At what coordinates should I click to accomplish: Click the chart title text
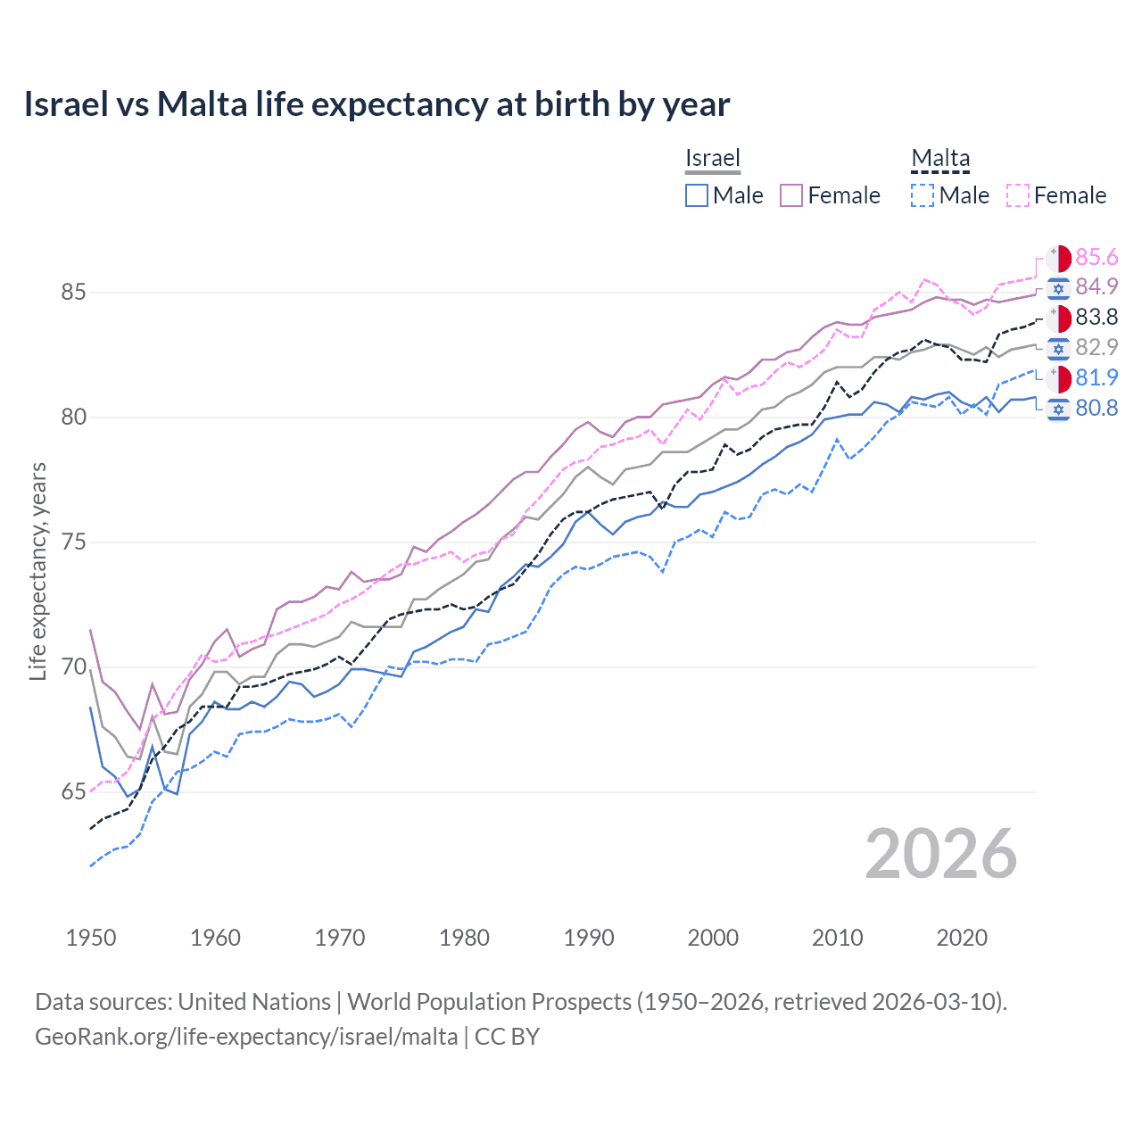pos(377,104)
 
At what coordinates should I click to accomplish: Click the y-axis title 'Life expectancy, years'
pos(37,571)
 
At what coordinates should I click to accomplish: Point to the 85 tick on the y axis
pos(74,293)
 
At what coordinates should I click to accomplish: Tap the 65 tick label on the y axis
pos(74,792)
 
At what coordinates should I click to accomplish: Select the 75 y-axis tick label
pos(74,542)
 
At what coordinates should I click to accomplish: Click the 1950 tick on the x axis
pos(91,938)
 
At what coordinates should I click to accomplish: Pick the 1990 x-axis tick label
pos(589,938)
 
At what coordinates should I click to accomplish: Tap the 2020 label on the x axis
pos(962,938)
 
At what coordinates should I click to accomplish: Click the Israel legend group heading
pos(713,158)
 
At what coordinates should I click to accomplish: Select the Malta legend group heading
pos(940,158)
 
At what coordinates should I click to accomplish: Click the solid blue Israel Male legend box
pos(697,195)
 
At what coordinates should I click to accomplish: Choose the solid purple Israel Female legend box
pos(791,195)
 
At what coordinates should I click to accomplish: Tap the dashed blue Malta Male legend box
pos(923,195)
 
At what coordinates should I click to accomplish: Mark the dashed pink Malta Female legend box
pos(1018,195)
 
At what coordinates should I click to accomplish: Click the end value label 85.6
pos(1096,258)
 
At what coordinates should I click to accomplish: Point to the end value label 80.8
pos(1096,409)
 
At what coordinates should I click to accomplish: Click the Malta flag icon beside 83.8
pos(1058,318)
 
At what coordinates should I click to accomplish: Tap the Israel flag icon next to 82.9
pos(1058,348)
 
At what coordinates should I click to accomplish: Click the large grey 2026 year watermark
pos(940,854)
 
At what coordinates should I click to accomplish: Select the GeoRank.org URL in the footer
pos(246,1037)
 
